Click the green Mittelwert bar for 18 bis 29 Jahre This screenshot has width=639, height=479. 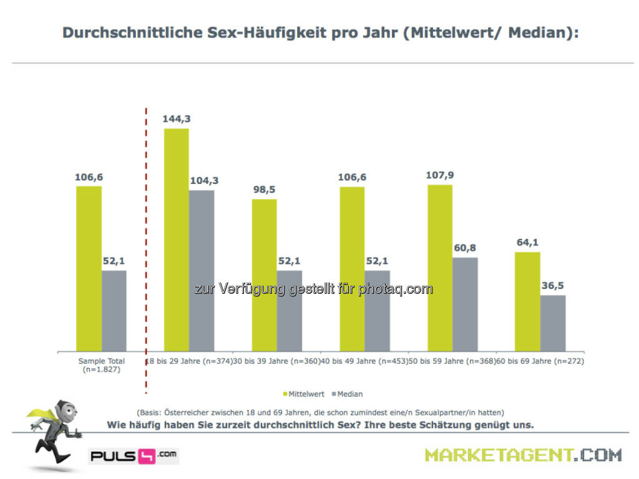point(176,240)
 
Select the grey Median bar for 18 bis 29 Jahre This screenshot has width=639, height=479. point(201,271)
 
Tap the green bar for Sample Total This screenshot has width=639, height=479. point(89,269)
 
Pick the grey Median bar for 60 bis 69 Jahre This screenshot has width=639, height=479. point(553,323)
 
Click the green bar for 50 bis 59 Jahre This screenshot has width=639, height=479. point(440,268)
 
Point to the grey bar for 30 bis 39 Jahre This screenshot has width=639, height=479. point(289,311)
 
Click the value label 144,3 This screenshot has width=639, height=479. point(176,118)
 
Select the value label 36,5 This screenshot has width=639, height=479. point(553,285)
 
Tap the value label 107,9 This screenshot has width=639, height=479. point(440,175)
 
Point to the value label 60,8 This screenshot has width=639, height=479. point(465,248)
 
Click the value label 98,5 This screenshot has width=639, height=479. point(264,189)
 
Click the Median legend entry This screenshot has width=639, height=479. point(348,394)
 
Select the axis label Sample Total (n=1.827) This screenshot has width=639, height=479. point(101,365)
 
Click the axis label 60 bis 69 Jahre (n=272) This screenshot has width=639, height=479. point(540,361)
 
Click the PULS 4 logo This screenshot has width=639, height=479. point(134,455)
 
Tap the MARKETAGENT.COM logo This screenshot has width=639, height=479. point(523,455)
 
